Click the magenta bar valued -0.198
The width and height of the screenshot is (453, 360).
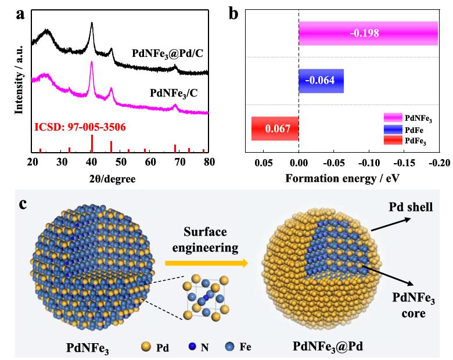(x=368, y=33)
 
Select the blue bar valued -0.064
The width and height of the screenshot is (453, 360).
(x=321, y=81)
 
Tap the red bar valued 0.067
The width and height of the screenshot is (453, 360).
(x=275, y=128)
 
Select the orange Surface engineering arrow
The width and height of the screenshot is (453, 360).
(x=206, y=263)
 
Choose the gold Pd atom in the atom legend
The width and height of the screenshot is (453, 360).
(x=147, y=347)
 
